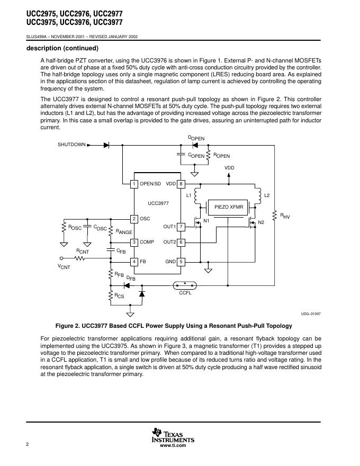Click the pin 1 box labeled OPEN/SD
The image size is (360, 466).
coord(134,184)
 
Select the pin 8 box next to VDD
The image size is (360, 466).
coord(181,184)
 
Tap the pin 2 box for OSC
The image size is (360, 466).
coord(134,219)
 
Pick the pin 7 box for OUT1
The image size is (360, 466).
coord(181,227)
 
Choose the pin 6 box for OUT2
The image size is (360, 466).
coord(181,242)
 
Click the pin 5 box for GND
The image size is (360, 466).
coord(181,262)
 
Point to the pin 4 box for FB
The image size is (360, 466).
coord(134,262)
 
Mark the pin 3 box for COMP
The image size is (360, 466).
coord(134,242)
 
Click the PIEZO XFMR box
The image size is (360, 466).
coord(228,207)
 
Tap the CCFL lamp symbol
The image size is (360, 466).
coord(185,285)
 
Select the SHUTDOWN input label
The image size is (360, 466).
coord(71,145)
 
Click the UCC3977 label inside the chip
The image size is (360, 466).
coord(158,203)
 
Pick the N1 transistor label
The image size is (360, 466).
coord(206,220)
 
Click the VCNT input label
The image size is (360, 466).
coord(64,266)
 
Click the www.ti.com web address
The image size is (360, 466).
coord(173,446)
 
